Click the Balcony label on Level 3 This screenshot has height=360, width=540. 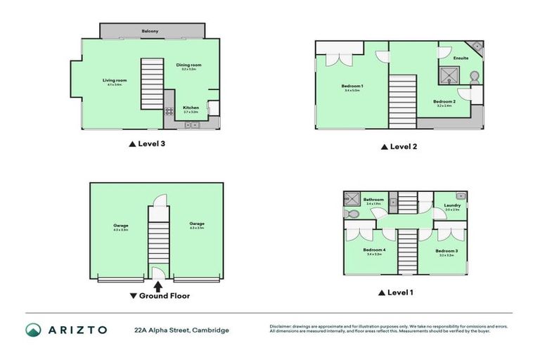[x=150, y=31]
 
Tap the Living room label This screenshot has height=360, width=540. [x=115, y=80]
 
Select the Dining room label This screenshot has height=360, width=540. [x=188, y=65]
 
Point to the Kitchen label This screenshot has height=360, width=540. [x=191, y=108]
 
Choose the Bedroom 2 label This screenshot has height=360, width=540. [x=444, y=101]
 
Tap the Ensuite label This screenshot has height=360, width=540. [x=461, y=58]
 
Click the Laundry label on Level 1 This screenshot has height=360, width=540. [x=452, y=205]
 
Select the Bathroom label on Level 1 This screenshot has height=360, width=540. [x=373, y=199]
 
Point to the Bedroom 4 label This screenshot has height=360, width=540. [x=373, y=250]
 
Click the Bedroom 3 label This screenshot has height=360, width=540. [x=446, y=251]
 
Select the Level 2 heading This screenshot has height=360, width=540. [x=399, y=147]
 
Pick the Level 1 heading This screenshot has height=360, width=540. [x=397, y=292]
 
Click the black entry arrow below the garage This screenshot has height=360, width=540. [x=157, y=285]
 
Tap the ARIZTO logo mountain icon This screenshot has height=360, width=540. [x=34, y=330]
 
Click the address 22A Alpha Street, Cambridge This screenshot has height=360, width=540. [x=182, y=330]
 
